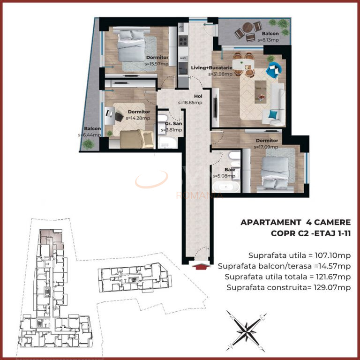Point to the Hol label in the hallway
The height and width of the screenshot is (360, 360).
[184, 97]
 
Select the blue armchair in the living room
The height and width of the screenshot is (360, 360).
[272, 70]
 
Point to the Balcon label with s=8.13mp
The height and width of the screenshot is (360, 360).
[270, 34]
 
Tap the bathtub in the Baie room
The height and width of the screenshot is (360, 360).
[226, 187]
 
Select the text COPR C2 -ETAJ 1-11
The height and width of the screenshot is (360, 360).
[311, 232]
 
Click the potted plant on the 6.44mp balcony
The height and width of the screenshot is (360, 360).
[88, 144]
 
